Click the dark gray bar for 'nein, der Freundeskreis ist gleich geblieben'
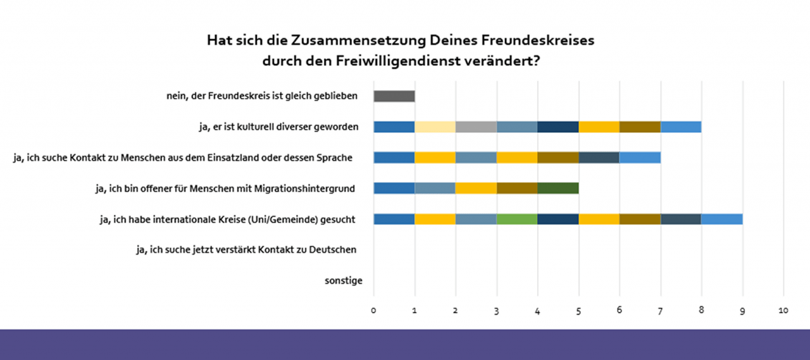394,96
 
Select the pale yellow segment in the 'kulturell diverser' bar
435,127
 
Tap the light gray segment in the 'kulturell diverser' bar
476,127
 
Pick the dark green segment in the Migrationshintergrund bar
558,188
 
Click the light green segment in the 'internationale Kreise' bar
517,219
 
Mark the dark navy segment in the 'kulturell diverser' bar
558,127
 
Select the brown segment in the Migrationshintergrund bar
517,188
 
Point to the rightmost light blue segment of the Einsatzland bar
640,158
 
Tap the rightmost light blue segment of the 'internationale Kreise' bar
722,219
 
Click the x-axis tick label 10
783,311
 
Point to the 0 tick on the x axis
373,311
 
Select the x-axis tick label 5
578,311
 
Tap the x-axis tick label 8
701,311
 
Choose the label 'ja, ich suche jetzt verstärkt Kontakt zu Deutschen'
246,250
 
